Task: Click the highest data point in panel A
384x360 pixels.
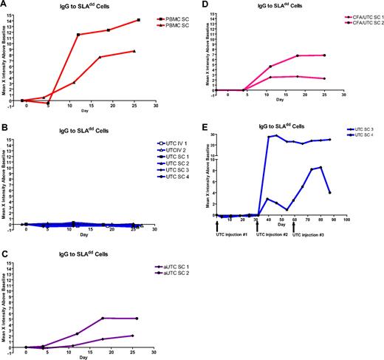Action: click(x=136, y=20)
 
